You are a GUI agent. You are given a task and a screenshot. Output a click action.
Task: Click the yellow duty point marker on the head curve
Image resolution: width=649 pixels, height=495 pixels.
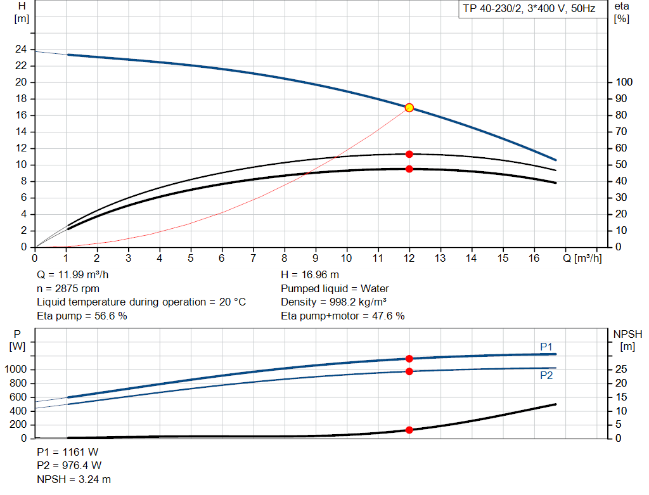(x=409, y=108)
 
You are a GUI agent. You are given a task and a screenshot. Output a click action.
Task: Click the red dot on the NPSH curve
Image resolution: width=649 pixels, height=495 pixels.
(x=409, y=430)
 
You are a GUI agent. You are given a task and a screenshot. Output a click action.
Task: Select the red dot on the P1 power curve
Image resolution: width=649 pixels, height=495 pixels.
(x=409, y=359)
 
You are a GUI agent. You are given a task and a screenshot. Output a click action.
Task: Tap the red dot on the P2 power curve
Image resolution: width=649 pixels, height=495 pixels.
(x=409, y=371)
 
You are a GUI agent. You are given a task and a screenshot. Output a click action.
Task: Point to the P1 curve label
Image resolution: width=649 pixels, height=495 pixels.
(x=546, y=347)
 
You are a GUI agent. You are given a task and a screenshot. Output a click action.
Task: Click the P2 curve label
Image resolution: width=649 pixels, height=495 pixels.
(x=546, y=375)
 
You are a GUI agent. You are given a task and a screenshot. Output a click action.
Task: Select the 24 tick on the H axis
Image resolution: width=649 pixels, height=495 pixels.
(x=22, y=49)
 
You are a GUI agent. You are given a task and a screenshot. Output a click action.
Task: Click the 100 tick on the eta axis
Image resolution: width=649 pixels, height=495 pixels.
(x=624, y=82)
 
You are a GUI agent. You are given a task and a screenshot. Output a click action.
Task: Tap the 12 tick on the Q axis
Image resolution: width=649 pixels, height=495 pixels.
(x=409, y=258)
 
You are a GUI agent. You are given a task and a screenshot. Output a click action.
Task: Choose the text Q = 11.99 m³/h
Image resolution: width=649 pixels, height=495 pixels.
(x=77, y=275)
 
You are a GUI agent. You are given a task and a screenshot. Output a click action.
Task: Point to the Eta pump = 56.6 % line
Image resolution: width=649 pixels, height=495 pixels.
(x=82, y=316)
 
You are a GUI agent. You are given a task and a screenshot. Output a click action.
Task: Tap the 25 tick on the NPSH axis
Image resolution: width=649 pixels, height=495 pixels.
(x=622, y=370)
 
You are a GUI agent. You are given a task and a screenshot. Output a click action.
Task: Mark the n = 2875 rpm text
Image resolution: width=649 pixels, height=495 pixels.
(x=68, y=288)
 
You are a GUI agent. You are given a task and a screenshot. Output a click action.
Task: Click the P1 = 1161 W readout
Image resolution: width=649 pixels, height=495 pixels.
(x=68, y=452)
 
